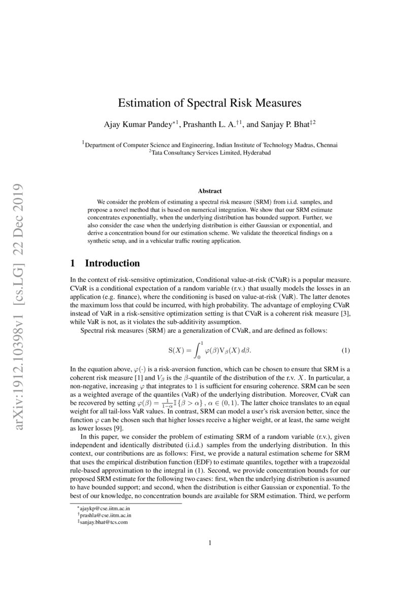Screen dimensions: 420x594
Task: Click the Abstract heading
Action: pos(210,191)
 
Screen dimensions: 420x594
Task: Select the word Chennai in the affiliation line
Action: pos(326,145)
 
